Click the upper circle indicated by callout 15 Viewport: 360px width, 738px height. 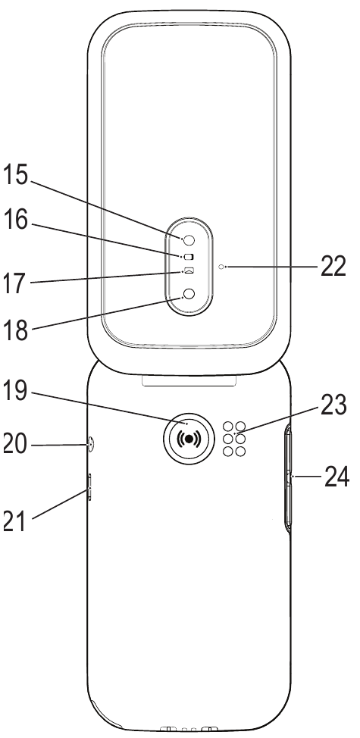coord(189,239)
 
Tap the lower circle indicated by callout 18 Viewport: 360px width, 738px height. coord(189,296)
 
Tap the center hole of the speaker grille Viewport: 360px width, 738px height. coord(233,439)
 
